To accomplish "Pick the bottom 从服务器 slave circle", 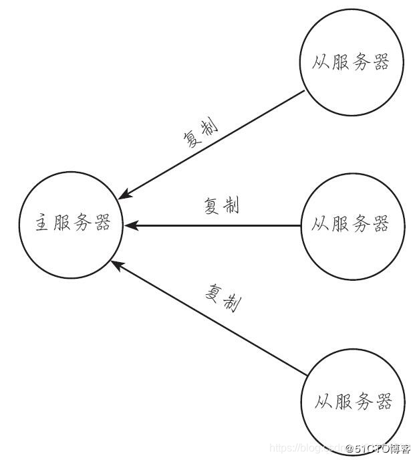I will pos(353,402).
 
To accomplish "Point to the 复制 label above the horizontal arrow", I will pos(221,207).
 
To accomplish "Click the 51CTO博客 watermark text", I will pos(378,448).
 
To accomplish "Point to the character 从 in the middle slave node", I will pos(321,225).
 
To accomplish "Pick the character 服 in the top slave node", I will pos(340,63).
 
